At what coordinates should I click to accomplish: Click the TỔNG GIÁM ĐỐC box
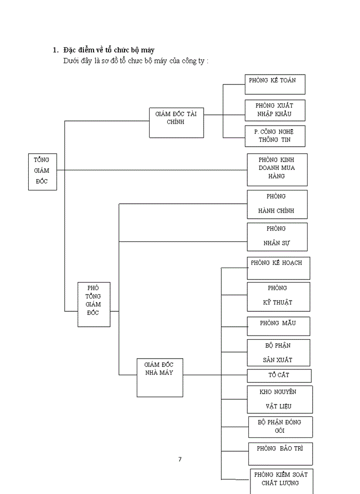(x=42, y=171)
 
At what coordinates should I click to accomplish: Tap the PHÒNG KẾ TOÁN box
(x=275, y=84)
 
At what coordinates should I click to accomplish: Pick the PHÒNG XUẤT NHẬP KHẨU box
(x=275, y=111)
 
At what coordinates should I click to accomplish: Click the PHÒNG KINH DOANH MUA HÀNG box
(x=277, y=169)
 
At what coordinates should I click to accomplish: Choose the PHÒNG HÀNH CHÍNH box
(x=277, y=204)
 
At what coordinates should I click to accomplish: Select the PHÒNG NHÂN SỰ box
(x=277, y=237)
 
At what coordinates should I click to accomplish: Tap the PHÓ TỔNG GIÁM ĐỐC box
(x=94, y=304)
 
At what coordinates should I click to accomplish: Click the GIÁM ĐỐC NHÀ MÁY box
(x=159, y=377)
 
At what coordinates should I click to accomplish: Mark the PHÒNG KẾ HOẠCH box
(x=278, y=268)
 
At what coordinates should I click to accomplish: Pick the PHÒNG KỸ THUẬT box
(x=278, y=296)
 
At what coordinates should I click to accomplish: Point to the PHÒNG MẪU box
(x=278, y=326)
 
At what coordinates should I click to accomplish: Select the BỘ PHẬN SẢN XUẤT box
(x=278, y=352)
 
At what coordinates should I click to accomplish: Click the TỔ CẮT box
(x=279, y=376)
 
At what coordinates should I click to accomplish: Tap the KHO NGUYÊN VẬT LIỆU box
(x=279, y=399)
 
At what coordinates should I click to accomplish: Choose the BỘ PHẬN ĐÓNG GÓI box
(x=279, y=427)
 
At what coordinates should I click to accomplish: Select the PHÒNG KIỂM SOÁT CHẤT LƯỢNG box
(x=280, y=480)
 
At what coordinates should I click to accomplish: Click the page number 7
(x=180, y=460)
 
